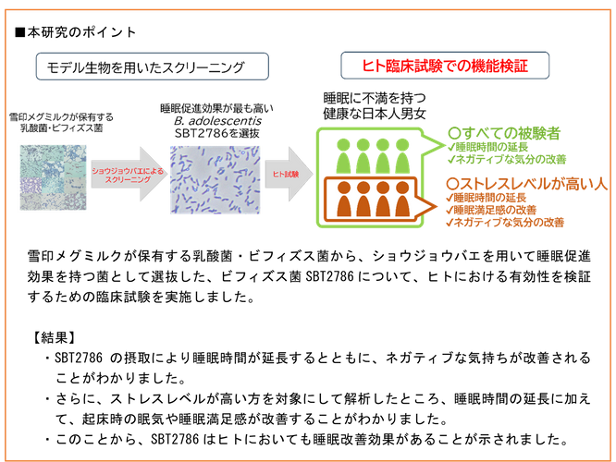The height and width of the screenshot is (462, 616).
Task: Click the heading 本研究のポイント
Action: [x=81, y=32]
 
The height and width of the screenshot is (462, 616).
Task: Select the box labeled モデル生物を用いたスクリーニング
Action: [x=153, y=67]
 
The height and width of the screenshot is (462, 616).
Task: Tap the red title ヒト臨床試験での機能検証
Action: [x=445, y=66]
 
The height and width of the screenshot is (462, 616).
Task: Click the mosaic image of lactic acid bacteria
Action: [x=54, y=177]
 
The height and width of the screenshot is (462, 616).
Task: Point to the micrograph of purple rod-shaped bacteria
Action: [x=215, y=180]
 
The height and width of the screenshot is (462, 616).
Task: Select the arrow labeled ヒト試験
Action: [x=290, y=174]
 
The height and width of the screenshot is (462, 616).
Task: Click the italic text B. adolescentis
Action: [x=217, y=120]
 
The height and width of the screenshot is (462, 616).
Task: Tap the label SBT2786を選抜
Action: [x=216, y=133]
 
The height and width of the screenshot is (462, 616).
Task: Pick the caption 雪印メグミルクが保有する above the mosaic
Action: [x=61, y=117]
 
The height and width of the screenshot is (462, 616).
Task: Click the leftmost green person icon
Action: [x=343, y=156]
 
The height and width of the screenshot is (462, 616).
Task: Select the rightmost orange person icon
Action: [x=402, y=199]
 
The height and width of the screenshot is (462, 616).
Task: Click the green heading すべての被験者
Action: [x=504, y=133]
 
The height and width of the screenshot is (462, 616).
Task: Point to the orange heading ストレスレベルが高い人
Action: [x=527, y=184]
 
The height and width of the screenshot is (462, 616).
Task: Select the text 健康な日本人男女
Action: [x=375, y=114]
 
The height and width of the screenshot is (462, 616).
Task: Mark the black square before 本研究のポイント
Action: [x=19, y=32]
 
